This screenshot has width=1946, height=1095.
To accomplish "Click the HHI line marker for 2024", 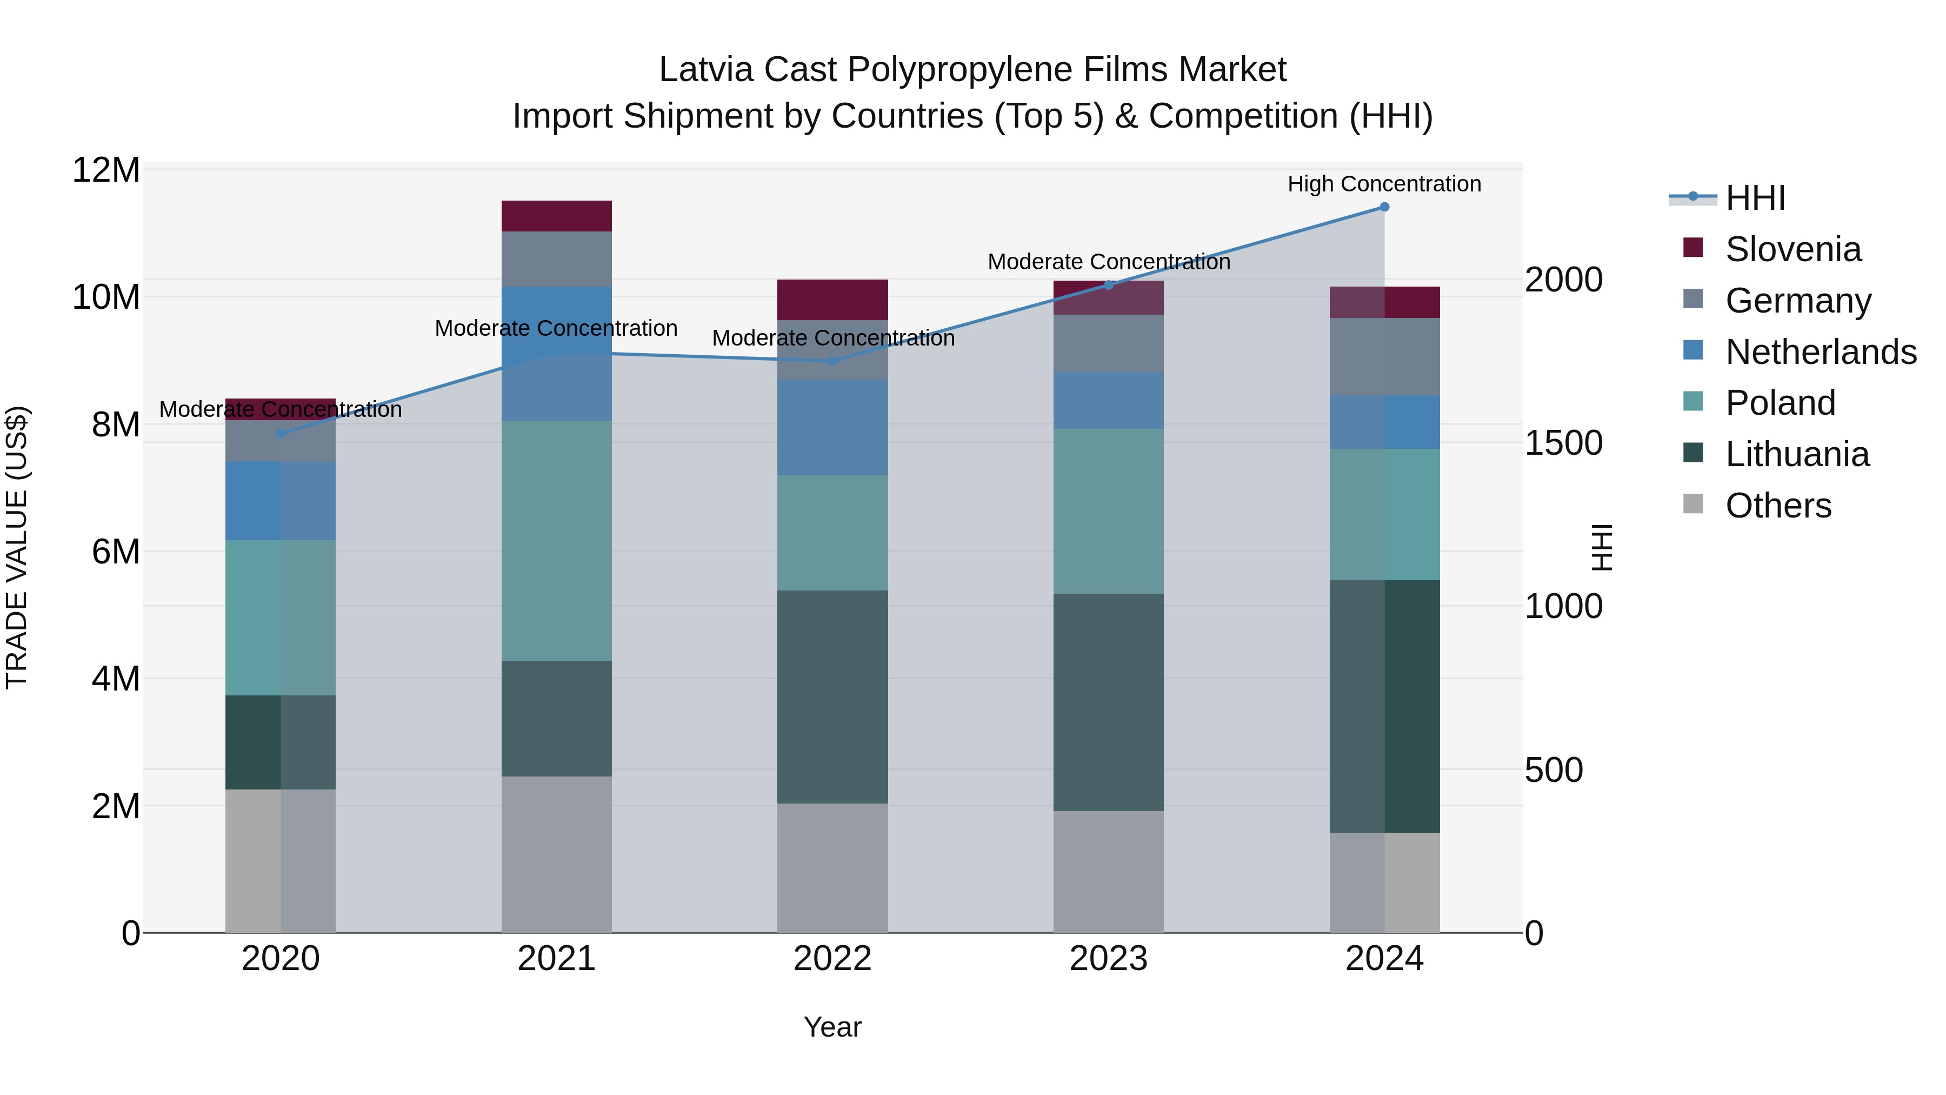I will [1384, 207].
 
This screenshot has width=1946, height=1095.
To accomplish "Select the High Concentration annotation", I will [1384, 184].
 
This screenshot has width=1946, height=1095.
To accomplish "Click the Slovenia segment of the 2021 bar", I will [556, 216].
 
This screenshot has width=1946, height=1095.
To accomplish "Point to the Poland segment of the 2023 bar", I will [1108, 511].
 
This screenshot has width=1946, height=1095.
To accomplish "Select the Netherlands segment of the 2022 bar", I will [832, 427].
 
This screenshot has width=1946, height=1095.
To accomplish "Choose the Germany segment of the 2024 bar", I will [1384, 357].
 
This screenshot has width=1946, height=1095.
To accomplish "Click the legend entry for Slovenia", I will [1792, 249].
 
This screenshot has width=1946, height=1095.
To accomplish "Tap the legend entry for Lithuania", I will [1796, 454].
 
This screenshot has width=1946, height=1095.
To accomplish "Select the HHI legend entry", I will [1755, 198].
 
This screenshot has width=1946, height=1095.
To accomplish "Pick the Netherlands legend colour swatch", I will [1693, 350].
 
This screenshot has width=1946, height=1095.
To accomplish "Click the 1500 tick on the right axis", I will [1563, 443].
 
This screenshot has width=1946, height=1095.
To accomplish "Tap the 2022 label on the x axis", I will [832, 959].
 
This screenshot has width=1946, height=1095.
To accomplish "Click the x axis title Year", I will [832, 1027].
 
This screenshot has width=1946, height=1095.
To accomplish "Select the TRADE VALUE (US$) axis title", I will [17, 547].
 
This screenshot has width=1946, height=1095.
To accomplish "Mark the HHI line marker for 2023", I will [1108, 285].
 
